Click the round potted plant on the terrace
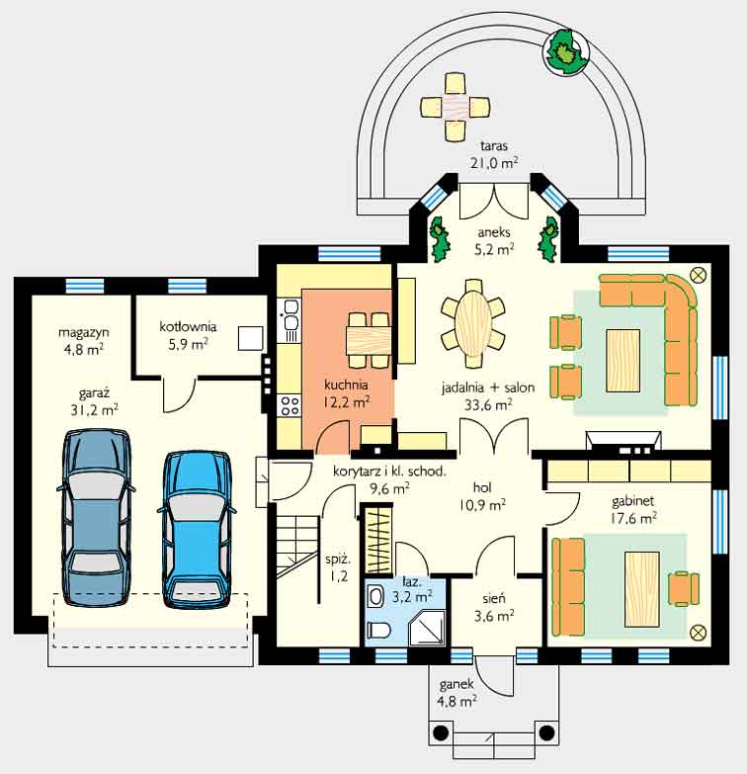click(x=566, y=51)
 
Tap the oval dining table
click(x=472, y=323)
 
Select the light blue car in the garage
click(x=197, y=528)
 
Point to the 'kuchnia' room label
click(x=346, y=385)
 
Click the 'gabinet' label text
click(x=632, y=501)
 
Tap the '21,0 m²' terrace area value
click(x=493, y=163)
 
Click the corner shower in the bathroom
click(x=427, y=628)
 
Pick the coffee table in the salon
click(x=623, y=361)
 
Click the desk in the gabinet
click(x=642, y=589)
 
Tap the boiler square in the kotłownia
click(x=251, y=338)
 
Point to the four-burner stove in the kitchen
click(x=290, y=405)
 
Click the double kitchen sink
click(x=290, y=320)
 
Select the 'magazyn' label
click(x=83, y=332)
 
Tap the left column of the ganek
click(x=440, y=732)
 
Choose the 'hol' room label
click(x=482, y=487)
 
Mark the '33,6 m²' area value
click(x=488, y=405)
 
